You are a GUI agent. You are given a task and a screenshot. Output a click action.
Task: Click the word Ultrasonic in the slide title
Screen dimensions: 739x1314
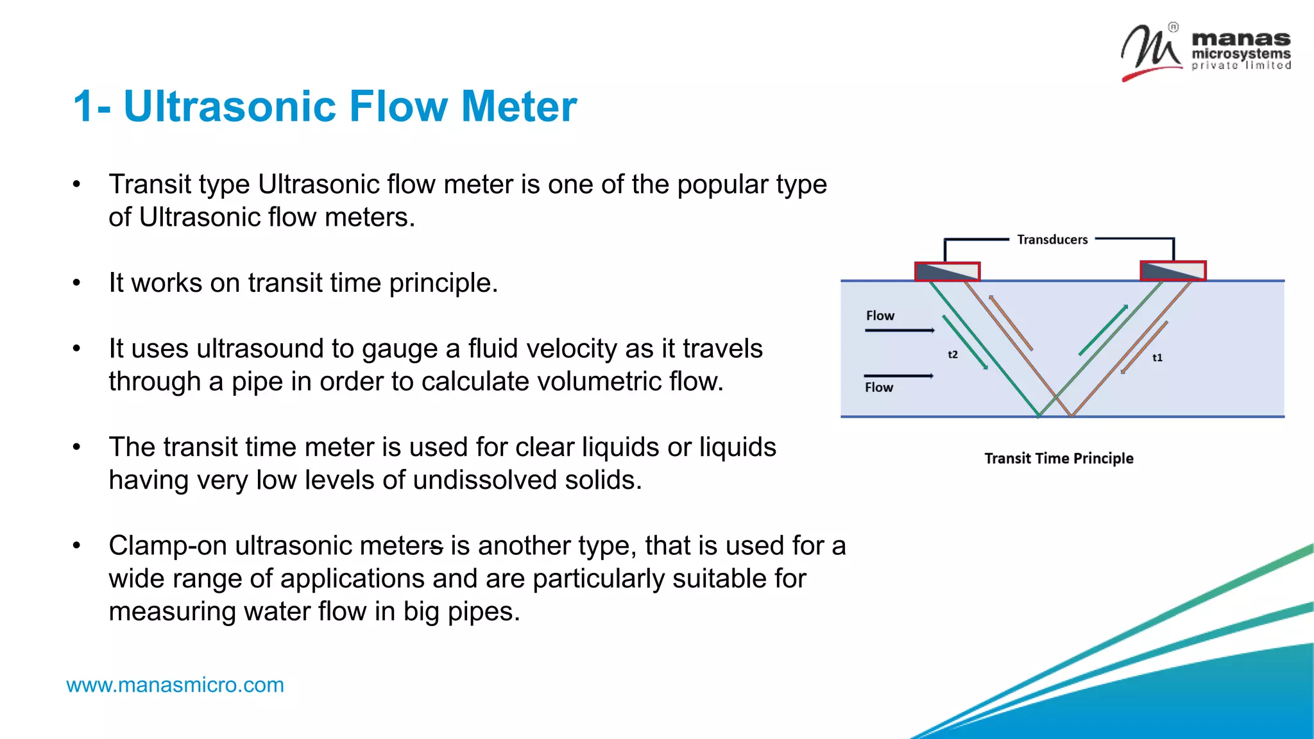(x=229, y=106)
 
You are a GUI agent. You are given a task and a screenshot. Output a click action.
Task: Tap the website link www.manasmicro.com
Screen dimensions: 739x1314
(x=175, y=685)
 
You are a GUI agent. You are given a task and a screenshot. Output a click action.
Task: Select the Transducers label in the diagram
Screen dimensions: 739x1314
(x=1052, y=240)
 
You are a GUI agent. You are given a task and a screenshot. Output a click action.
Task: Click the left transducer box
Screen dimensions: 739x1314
(x=947, y=271)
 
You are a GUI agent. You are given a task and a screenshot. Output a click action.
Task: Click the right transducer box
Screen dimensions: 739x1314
(x=1173, y=271)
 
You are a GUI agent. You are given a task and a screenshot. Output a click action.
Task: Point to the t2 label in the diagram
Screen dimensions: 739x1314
(x=953, y=355)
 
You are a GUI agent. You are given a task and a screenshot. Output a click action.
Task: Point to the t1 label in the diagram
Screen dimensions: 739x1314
(x=1157, y=358)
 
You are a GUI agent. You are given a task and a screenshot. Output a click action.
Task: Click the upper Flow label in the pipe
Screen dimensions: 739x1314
(x=880, y=316)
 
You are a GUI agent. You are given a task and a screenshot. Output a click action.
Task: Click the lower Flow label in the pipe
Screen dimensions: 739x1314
(x=878, y=387)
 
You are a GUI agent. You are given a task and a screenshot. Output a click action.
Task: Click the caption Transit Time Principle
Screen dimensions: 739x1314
(x=1059, y=459)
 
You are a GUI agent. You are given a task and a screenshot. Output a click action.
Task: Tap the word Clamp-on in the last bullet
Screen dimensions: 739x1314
(x=167, y=546)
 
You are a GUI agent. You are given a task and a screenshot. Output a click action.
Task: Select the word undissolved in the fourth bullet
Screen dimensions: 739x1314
(x=484, y=480)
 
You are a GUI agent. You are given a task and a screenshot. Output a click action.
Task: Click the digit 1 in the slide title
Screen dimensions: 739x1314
(x=84, y=106)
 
